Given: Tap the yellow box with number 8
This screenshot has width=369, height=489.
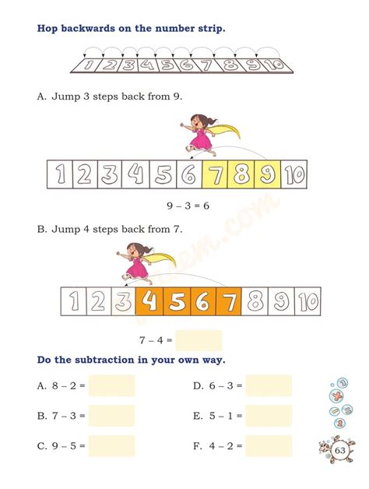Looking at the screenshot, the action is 241,175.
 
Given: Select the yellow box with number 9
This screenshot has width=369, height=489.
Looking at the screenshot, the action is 267,175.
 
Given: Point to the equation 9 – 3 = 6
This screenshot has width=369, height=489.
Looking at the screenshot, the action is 184,206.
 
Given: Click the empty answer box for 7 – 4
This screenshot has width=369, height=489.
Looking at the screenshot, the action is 199,340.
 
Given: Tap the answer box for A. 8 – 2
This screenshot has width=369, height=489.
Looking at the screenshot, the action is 111,385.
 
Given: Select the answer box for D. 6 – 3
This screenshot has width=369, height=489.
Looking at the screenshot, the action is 269,385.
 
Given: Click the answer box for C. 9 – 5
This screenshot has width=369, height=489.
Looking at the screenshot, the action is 111,446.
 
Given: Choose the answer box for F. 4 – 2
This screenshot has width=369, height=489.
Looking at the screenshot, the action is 269,446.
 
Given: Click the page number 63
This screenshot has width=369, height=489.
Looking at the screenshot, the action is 340,452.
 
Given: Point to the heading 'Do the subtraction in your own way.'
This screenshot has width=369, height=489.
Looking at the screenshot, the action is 131,361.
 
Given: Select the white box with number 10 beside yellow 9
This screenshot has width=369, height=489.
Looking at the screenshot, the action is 294,175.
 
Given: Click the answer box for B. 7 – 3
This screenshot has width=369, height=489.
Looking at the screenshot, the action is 111,416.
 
